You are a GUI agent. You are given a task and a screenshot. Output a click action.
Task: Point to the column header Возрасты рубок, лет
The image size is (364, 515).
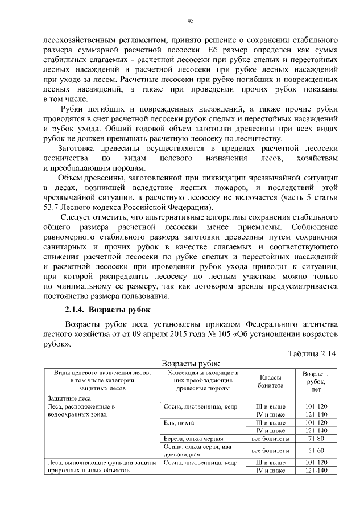coord(316,381)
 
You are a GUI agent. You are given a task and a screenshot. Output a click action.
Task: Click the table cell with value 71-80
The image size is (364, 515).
coord(316,439)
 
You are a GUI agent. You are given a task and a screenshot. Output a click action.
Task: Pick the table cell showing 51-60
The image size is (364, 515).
coord(316,451)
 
